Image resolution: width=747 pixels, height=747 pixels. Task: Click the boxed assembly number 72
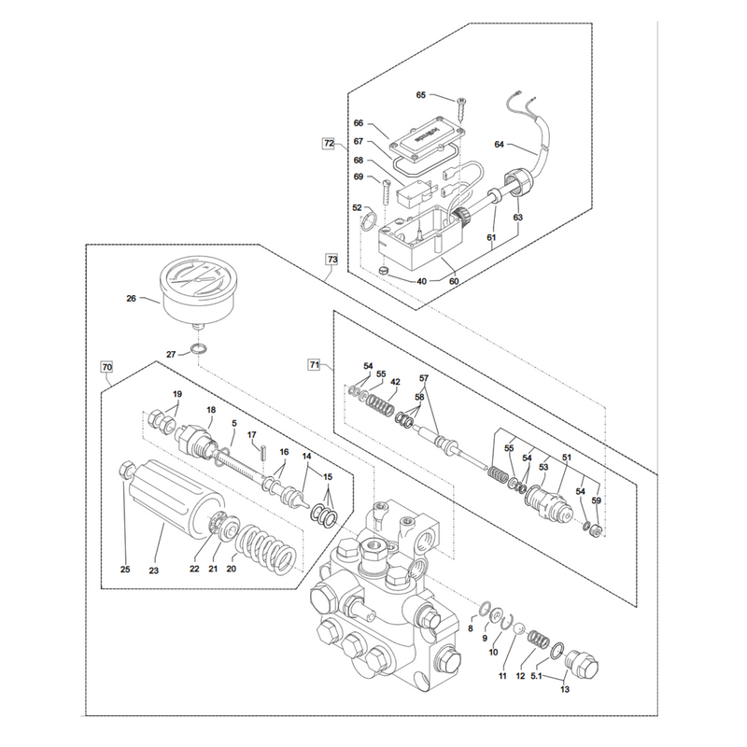[330, 143]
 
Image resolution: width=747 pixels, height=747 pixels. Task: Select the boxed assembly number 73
[331, 260]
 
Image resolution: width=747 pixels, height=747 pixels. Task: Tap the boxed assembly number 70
[106, 367]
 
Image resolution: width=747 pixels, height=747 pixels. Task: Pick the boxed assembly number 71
[314, 364]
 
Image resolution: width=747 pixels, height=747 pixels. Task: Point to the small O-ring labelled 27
[199, 348]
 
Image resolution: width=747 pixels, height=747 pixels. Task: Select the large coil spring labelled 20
[267, 550]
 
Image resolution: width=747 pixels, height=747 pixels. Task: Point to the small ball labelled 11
[520, 629]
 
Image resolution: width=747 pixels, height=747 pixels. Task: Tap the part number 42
[395, 382]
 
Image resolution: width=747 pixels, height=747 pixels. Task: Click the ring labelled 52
[369, 221]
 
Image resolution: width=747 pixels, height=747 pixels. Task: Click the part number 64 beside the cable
[499, 144]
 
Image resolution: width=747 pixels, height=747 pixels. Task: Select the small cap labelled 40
[383, 271]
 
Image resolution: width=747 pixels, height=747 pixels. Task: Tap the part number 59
[596, 500]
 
